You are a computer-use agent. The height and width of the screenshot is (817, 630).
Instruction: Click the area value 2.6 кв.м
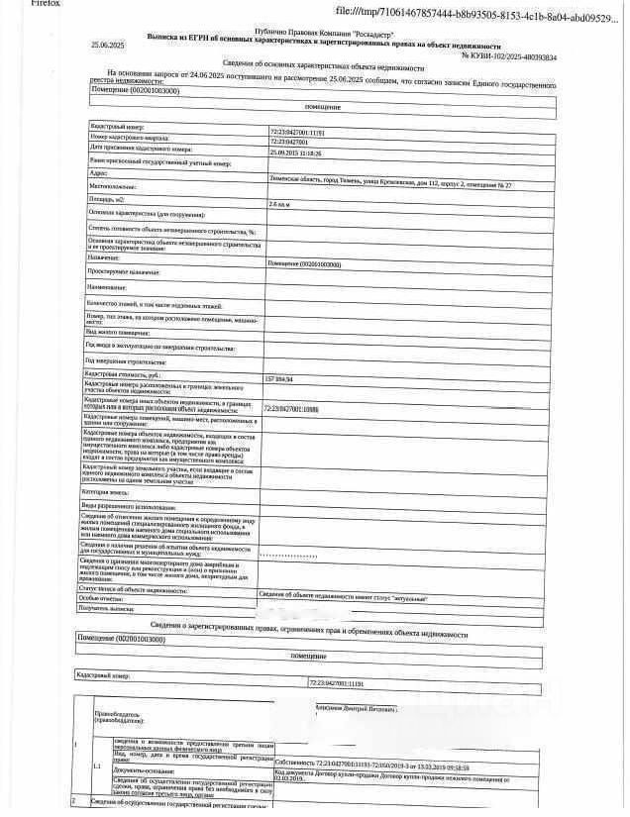click(x=279, y=203)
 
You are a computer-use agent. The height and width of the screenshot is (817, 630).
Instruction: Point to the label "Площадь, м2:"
click(x=108, y=199)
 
